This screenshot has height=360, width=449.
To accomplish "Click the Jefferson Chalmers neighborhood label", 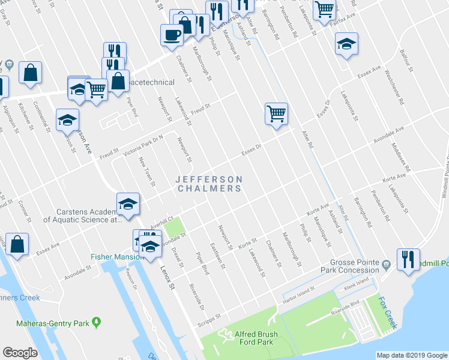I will tap(209, 184).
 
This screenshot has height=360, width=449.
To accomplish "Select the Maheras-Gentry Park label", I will tap(61, 324).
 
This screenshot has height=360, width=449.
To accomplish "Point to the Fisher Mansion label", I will tap(117, 257).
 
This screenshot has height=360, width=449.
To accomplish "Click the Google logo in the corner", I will tap(20, 353).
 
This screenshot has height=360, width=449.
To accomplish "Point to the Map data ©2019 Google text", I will tap(411, 355).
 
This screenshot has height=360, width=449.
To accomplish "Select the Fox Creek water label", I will tap(386, 313).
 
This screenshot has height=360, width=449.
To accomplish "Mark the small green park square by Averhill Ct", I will tap(175, 228).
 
